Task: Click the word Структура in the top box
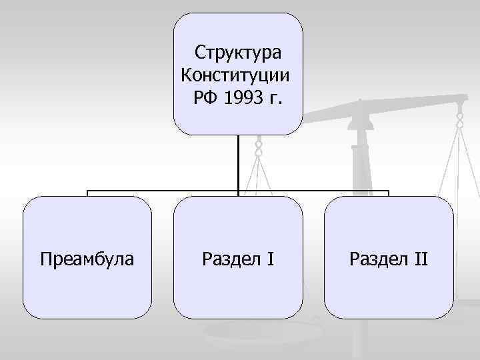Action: (238, 52)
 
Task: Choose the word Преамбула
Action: (87, 258)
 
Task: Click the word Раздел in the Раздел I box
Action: (228, 258)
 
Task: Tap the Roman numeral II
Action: (419, 258)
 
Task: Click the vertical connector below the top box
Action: (238, 163)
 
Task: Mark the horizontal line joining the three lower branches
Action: (167, 191)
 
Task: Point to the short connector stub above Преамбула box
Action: (87, 193)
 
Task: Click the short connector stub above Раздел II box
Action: (388, 193)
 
